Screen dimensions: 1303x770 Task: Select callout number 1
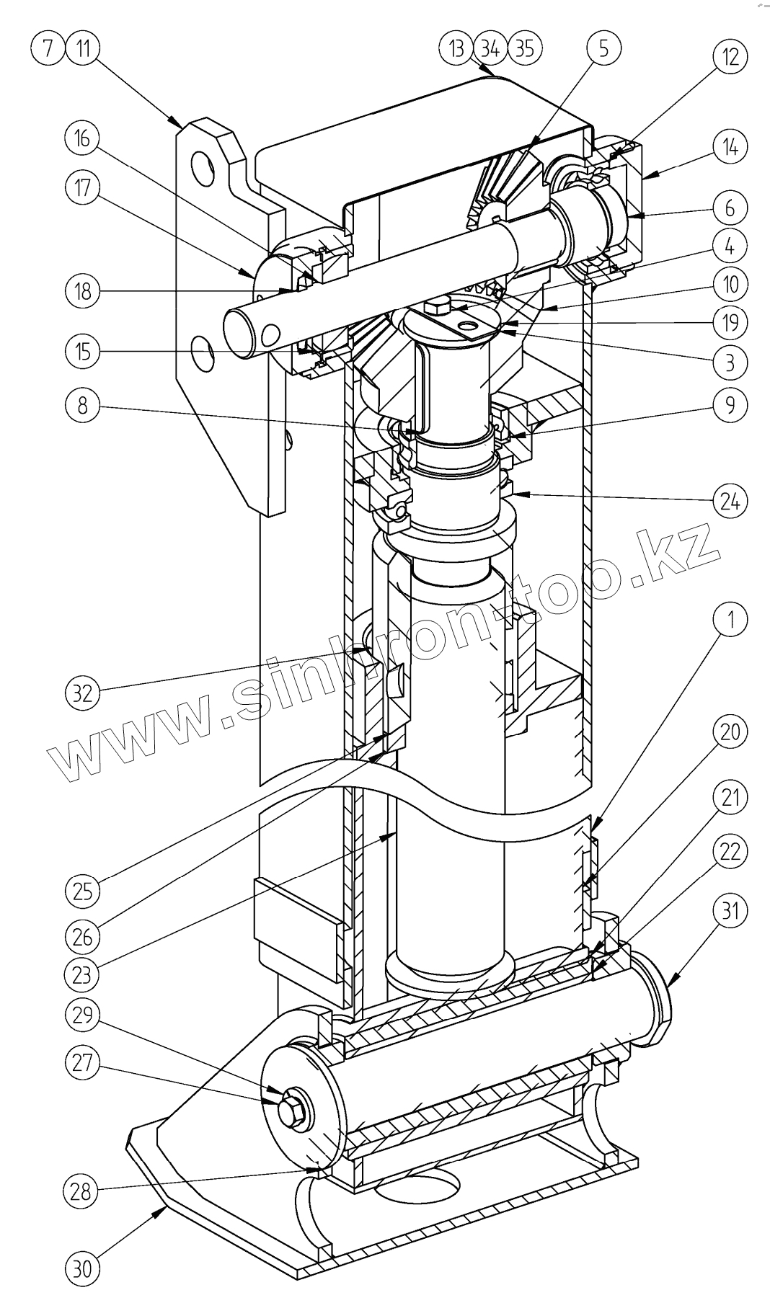pyautogui.click(x=730, y=619)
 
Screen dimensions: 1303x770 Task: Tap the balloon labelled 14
pyautogui.click(x=730, y=148)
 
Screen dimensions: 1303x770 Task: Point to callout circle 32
pyautogui.click(x=83, y=693)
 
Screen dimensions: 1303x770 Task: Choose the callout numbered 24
pyautogui.click(x=730, y=499)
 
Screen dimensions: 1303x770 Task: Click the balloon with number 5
pyautogui.click(x=603, y=48)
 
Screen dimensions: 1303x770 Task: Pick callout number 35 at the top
pyautogui.click(x=524, y=48)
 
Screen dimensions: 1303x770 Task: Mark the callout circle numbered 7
pyautogui.click(x=48, y=48)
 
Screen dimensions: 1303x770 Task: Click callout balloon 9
pyautogui.click(x=730, y=405)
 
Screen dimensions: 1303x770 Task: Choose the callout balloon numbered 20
pyautogui.click(x=730, y=731)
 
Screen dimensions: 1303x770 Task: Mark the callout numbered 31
pyautogui.click(x=730, y=912)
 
